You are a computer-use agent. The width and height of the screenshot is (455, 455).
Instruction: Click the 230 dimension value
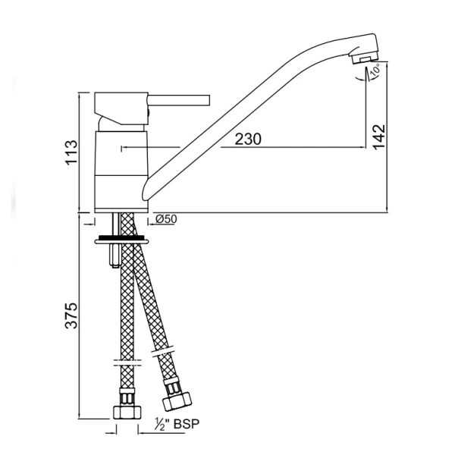click(x=248, y=139)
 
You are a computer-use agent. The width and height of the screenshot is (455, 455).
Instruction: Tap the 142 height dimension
click(x=380, y=137)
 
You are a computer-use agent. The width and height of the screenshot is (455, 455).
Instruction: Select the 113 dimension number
click(x=72, y=152)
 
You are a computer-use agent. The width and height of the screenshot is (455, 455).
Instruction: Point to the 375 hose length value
click(x=71, y=315)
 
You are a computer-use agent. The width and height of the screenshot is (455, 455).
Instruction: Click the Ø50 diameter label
click(x=166, y=219)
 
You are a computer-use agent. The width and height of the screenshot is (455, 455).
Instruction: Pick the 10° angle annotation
click(x=375, y=71)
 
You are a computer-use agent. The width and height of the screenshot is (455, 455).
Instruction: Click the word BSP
click(x=187, y=424)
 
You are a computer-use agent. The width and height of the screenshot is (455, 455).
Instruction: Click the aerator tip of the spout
click(x=365, y=58)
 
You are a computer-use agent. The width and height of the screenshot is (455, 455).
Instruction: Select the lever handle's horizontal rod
click(x=179, y=100)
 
